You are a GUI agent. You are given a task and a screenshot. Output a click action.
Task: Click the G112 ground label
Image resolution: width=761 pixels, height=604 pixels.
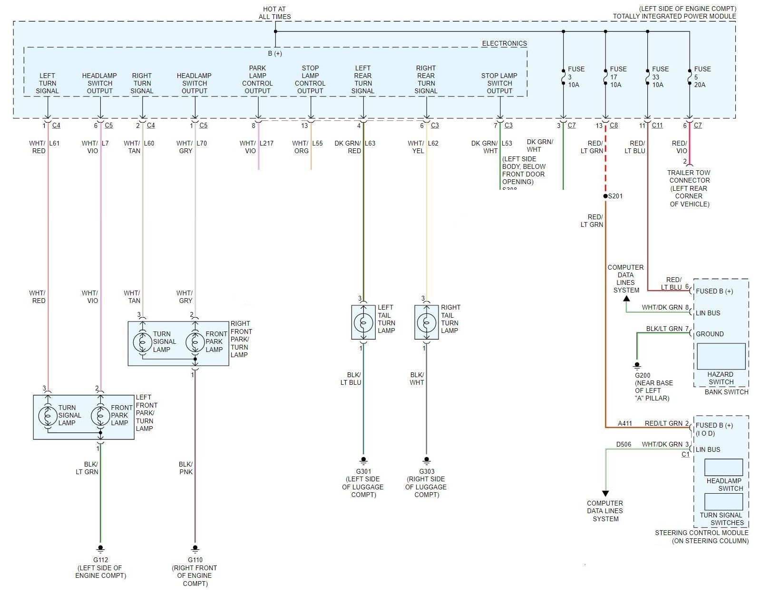(100, 560)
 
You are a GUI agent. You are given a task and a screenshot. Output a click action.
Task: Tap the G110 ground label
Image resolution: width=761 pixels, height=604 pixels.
(195, 560)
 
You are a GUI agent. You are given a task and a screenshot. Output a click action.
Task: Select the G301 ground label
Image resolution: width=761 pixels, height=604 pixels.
(363, 471)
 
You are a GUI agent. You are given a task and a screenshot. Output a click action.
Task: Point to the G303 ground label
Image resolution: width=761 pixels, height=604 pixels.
(427, 471)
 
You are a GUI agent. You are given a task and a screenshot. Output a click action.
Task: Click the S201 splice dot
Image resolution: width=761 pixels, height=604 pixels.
(605, 196)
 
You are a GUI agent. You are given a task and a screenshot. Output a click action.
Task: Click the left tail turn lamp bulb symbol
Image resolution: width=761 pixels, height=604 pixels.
(363, 323)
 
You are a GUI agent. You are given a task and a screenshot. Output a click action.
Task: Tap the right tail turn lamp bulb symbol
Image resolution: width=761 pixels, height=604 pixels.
(426, 323)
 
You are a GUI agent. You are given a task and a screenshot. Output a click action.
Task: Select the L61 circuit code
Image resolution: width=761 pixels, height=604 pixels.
(55, 143)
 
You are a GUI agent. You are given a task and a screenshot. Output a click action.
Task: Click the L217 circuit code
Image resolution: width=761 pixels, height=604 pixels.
(266, 143)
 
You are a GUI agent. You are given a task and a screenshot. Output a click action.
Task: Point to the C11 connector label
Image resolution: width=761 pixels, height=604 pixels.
(657, 126)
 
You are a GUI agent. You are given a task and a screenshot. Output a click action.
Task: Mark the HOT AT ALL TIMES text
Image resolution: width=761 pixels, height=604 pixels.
(274, 13)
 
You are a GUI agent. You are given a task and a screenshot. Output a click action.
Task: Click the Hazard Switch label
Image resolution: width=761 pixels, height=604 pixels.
(721, 378)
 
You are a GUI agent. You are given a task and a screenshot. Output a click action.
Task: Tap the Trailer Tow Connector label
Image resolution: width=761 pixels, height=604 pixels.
(689, 188)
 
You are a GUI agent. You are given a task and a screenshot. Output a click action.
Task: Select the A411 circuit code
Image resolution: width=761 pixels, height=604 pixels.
(625, 423)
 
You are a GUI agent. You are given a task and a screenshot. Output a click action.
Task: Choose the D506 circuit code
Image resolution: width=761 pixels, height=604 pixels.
(624, 445)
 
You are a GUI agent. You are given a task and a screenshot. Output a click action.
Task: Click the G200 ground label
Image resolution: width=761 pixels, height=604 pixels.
(643, 375)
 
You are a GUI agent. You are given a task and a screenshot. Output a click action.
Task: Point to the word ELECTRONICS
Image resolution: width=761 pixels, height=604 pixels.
(504, 43)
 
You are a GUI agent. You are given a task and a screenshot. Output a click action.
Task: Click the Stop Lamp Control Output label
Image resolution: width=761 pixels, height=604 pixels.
(310, 79)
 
